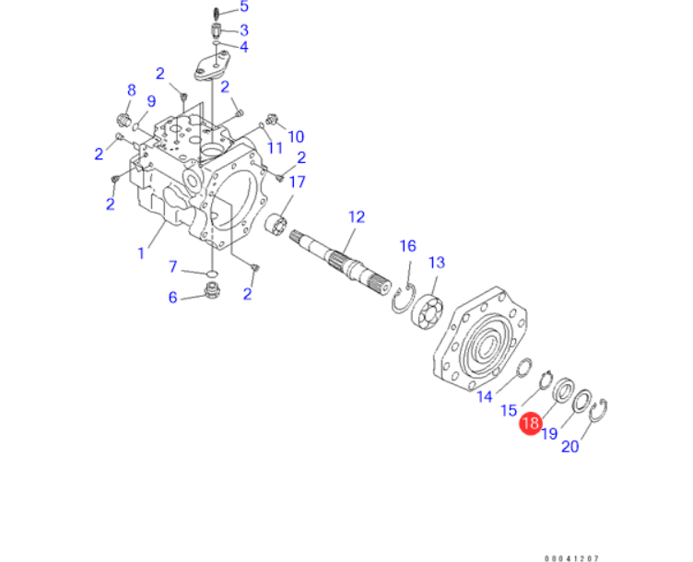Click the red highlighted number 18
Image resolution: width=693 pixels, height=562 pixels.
pos(530,425)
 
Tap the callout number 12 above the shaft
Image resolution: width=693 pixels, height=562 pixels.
pos(356,217)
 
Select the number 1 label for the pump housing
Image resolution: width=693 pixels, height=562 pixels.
pos(141,252)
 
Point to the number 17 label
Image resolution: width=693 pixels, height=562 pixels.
pos(296,181)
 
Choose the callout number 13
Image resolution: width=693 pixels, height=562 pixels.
pos(436,263)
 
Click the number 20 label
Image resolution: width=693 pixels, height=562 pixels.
pos(570,447)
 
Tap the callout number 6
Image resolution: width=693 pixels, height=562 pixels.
pos(172,297)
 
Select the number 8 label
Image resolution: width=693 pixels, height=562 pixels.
pos(131,90)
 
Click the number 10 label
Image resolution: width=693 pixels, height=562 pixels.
pos(295,136)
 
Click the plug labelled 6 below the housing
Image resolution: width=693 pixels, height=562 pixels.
pos(213,294)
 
